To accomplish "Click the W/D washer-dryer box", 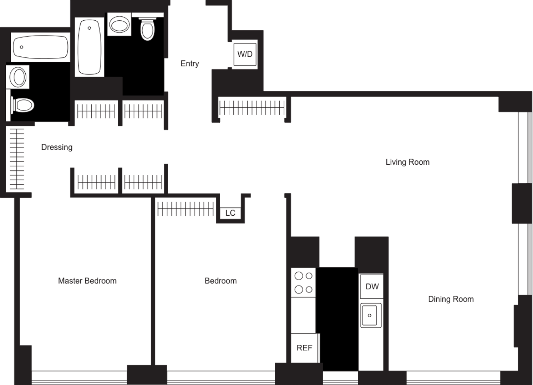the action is [x=245, y=54].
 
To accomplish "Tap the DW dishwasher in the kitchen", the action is [x=372, y=286].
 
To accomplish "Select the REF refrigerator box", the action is [x=305, y=348].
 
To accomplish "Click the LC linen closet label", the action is [x=230, y=213].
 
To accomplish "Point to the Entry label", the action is [x=190, y=64].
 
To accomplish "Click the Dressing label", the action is [x=57, y=147].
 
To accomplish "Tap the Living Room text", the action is [x=408, y=162].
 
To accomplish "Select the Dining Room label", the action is [x=451, y=299].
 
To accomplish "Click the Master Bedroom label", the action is [x=87, y=281].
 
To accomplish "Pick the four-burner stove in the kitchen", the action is [x=303, y=282].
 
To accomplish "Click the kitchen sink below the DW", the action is [x=371, y=315].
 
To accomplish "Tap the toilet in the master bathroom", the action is [x=23, y=105].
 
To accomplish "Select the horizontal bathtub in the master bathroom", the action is [x=40, y=47].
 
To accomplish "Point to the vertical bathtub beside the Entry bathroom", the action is [x=89, y=47].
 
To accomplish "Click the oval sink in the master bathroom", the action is [x=18, y=77].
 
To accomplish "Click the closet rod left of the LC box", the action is [x=186, y=209].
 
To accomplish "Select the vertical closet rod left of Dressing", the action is [x=17, y=159].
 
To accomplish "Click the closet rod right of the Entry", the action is [x=252, y=108].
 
